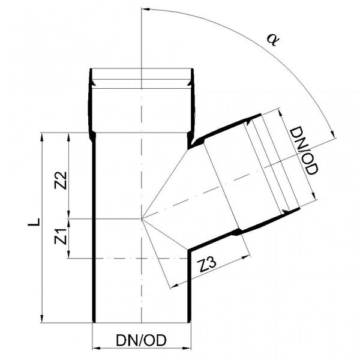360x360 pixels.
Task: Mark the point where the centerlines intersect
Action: [x=142, y=219]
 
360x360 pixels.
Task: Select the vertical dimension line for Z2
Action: [x=70, y=175]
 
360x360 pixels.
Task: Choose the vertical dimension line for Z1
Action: [x=70, y=239]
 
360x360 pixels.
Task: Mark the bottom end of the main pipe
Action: [x=142, y=323]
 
